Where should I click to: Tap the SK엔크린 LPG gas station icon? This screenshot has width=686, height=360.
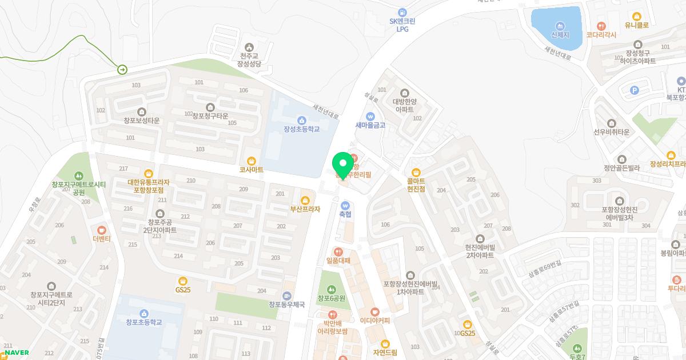point(402,12)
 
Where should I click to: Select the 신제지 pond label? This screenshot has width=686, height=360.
point(560,35)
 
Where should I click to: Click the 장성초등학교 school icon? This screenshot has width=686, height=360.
point(301,119)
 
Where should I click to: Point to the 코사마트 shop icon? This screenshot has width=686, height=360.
point(251,161)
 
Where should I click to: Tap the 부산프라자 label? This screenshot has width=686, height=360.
point(305,209)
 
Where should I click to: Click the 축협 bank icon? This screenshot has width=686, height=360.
point(345,205)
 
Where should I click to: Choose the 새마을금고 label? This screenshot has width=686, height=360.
point(370,125)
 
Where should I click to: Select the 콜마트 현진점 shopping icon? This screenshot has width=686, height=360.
point(416,171)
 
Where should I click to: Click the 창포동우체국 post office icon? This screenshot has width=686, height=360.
point(286,295)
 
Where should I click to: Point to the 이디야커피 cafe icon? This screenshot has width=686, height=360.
point(374,312)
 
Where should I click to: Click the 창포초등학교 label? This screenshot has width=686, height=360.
point(144,322)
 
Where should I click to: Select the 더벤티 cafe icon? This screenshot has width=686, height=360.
point(102,229)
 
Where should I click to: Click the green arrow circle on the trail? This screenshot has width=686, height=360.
point(122,70)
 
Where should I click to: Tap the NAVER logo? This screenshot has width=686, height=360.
point(17,353)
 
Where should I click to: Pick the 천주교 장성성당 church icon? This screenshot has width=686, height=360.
point(249,47)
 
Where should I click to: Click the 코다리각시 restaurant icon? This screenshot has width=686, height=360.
point(601,26)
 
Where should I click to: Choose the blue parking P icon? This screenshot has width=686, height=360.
point(633,90)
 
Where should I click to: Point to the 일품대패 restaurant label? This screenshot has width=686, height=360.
point(338,261)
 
